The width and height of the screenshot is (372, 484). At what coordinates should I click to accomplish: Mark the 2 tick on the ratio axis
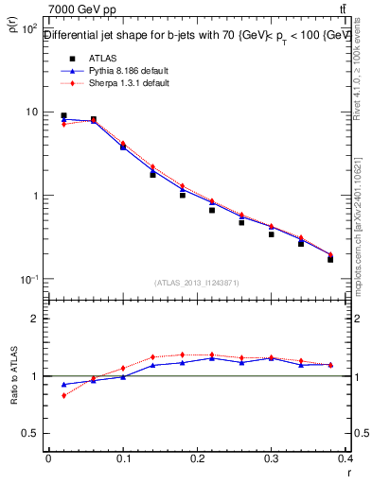(35, 319)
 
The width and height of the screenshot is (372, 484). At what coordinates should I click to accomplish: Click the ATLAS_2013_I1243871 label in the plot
(196, 283)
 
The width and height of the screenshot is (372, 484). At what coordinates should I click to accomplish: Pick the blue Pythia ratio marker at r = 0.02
(63, 385)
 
